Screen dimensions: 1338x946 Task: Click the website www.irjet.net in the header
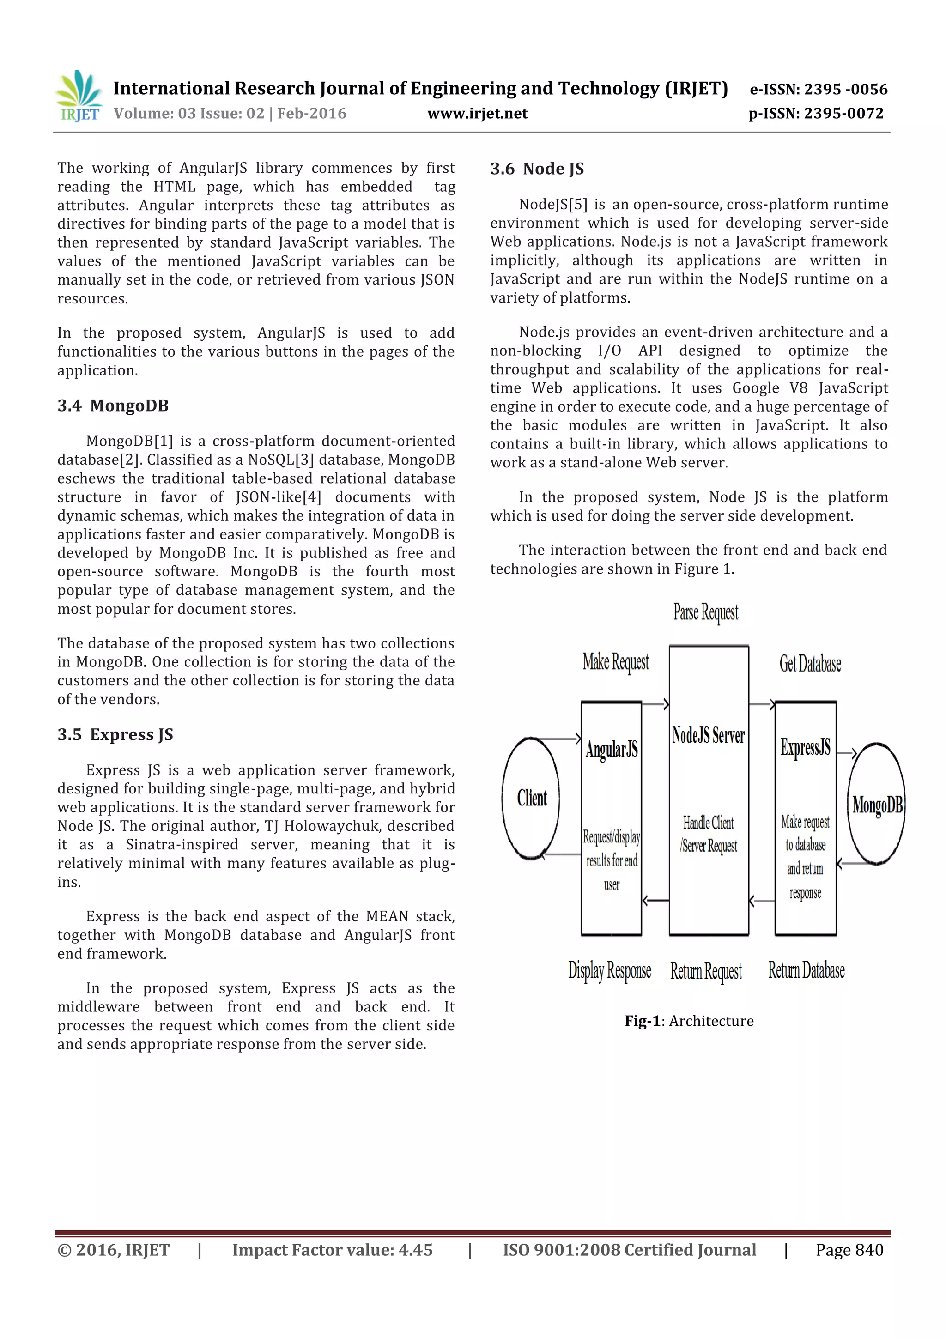[477, 114]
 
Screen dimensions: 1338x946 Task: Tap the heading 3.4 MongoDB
[113, 406]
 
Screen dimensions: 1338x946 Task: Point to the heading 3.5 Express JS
[115, 734]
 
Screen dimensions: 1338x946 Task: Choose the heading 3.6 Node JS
[537, 169]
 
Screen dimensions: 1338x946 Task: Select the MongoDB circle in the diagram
[876, 805]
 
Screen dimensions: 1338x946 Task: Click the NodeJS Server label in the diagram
[708, 735]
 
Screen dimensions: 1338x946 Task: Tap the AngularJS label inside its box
[612, 750]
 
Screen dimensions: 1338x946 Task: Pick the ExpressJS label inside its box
[805, 748]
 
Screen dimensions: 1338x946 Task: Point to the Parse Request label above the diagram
[705, 612]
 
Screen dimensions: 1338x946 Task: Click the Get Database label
[810, 664]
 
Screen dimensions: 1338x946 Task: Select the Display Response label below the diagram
[609, 971]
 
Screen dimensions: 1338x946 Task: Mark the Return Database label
[806, 970]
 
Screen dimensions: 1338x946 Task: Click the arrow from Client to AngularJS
[559, 739]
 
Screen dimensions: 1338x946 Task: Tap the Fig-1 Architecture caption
[689, 1021]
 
